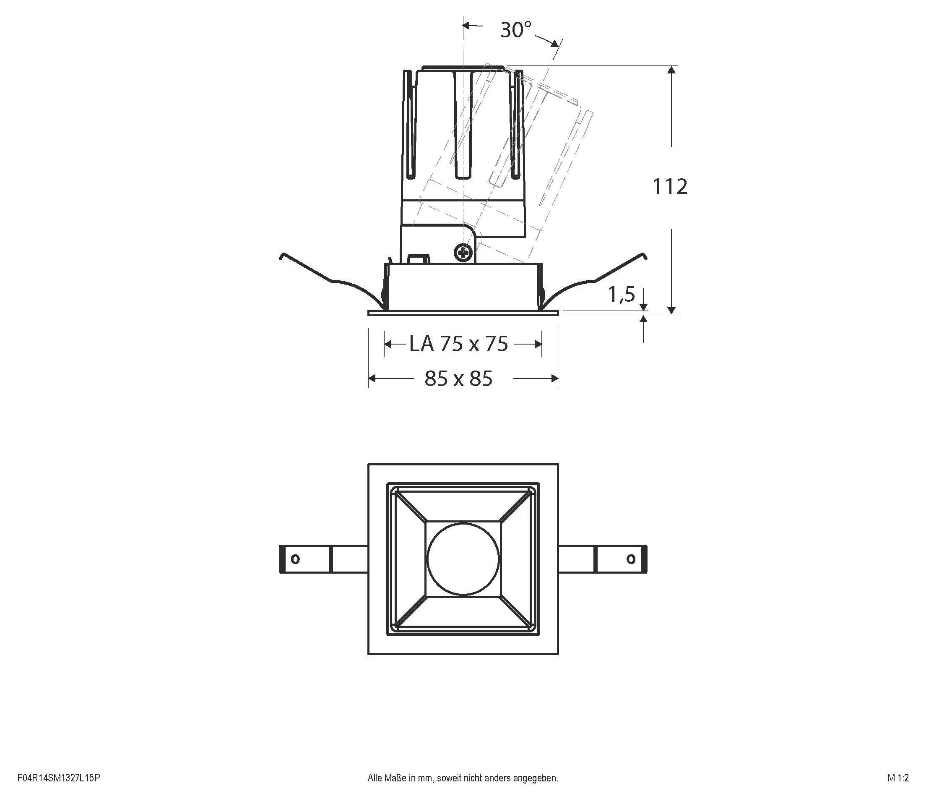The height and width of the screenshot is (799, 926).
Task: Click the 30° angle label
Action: (x=516, y=30)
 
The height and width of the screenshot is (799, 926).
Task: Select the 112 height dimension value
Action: (x=670, y=187)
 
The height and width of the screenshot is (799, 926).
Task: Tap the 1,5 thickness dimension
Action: (x=621, y=294)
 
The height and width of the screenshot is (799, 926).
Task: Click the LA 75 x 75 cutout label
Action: (x=459, y=344)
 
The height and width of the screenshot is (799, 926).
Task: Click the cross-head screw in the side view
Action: (x=463, y=253)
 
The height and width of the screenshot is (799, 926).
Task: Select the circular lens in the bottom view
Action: (x=463, y=559)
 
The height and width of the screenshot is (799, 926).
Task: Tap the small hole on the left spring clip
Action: (x=295, y=559)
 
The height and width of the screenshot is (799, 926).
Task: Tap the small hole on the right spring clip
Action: (x=631, y=559)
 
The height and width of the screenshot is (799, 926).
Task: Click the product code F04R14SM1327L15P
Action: (x=59, y=778)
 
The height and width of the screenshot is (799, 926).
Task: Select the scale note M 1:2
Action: (x=898, y=778)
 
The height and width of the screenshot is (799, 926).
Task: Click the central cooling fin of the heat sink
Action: (x=463, y=125)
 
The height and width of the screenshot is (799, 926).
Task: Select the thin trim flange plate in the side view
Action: (x=463, y=313)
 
